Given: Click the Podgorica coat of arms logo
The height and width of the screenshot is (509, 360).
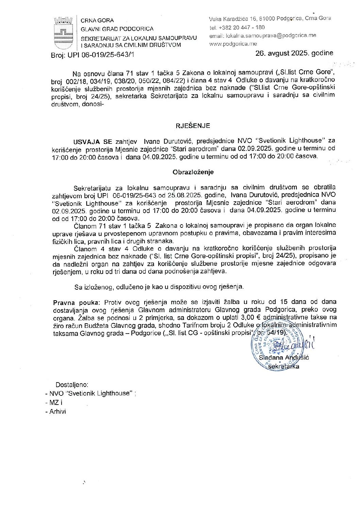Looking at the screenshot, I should [63, 33].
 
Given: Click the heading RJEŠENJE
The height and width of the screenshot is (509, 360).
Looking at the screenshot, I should [193, 126].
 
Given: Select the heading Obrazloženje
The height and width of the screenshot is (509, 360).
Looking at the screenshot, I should [193, 172].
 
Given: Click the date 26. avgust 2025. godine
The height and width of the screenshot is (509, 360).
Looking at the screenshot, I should [294, 53].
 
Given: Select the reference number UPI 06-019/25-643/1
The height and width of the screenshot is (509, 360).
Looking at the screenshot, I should [101, 55].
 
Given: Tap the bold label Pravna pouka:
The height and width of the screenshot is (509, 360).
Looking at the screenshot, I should [77, 302].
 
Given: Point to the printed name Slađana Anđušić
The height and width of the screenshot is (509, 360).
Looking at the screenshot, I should [284, 358].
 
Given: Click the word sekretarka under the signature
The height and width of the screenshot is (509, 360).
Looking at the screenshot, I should [284, 367].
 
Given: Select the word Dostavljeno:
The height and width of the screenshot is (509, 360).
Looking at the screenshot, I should [72, 385].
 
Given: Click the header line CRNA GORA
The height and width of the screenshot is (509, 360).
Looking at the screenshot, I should [97, 20].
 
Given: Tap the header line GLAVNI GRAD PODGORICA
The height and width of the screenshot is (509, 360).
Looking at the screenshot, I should [117, 29].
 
